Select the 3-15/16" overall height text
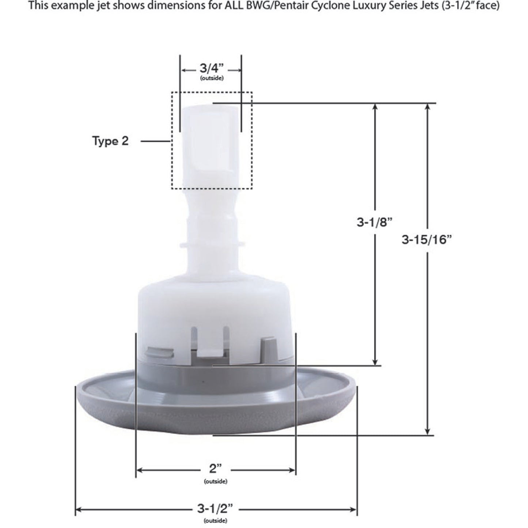point(427,240)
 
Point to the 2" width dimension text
point(215,469)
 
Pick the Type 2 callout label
point(110,141)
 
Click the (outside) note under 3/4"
point(212,78)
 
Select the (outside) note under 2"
point(216,481)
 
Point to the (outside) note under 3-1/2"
point(216,521)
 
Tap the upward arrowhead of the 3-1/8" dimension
point(375,107)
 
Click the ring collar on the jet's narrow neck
point(212,243)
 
